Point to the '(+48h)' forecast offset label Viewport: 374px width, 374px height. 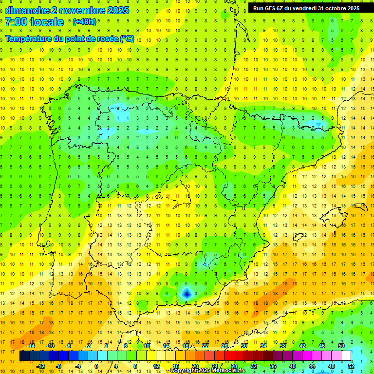pyautogui.click(x=84, y=22)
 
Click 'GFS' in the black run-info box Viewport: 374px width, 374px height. pyautogui.click(x=271, y=8)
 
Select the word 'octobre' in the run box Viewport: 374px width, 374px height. pyautogui.click(x=332, y=8)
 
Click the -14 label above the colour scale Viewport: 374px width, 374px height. pyautogui.click(x=31, y=346)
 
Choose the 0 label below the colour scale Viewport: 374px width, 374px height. pyautogui.click(x=96, y=366)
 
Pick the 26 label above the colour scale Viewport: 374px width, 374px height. pyautogui.click(x=224, y=346)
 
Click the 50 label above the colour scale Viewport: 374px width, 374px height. pyautogui.click(x=341, y=346)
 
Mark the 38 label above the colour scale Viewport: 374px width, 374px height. pyautogui.click(x=283, y=346)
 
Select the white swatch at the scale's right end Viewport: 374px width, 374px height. pyautogui.click(x=346, y=356)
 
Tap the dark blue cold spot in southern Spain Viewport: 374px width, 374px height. pyautogui.click(x=186, y=293)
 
